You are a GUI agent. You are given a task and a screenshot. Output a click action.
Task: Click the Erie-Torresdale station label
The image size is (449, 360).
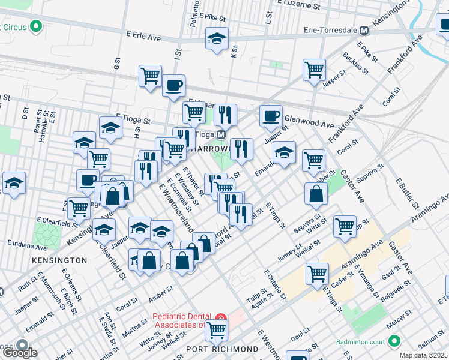pyautogui.click(x=330, y=30)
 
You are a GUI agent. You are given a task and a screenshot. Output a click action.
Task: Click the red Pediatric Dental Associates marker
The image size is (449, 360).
pyautogui.click(x=221, y=317)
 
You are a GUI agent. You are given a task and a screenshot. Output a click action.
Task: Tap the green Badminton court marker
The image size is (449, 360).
pyautogui.click(x=394, y=341)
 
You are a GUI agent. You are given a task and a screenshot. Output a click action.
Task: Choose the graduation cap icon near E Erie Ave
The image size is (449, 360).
pyautogui.click(x=217, y=39)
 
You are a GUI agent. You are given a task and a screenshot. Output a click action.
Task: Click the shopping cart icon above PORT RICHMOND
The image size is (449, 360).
pyautogui.click(x=216, y=329)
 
